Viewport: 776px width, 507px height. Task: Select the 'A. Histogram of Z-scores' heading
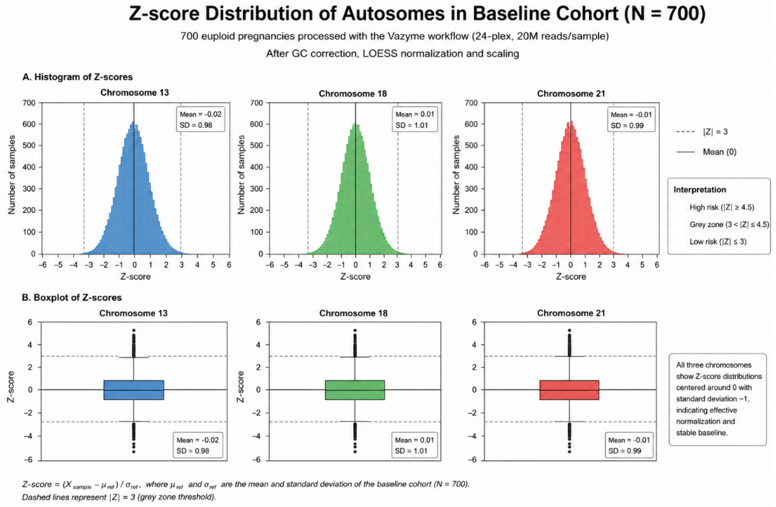(78, 77)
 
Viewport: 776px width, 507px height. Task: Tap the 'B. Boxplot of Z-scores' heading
(72, 297)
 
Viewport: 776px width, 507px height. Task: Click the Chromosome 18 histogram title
(353, 94)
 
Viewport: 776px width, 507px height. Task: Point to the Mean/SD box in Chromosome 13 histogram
(201, 119)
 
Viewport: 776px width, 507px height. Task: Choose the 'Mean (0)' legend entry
(706, 152)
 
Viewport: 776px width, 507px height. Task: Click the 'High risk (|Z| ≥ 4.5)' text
(722, 207)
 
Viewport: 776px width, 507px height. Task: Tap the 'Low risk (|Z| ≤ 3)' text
(718, 242)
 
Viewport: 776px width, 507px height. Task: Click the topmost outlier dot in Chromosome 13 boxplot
(134, 330)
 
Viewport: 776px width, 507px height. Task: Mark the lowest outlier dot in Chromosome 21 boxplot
(569, 451)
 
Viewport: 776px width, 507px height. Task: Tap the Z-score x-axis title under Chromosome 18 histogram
(355, 277)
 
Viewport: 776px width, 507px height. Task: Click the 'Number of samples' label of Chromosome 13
(12, 175)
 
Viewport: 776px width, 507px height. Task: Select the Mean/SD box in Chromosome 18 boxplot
(414, 445)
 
